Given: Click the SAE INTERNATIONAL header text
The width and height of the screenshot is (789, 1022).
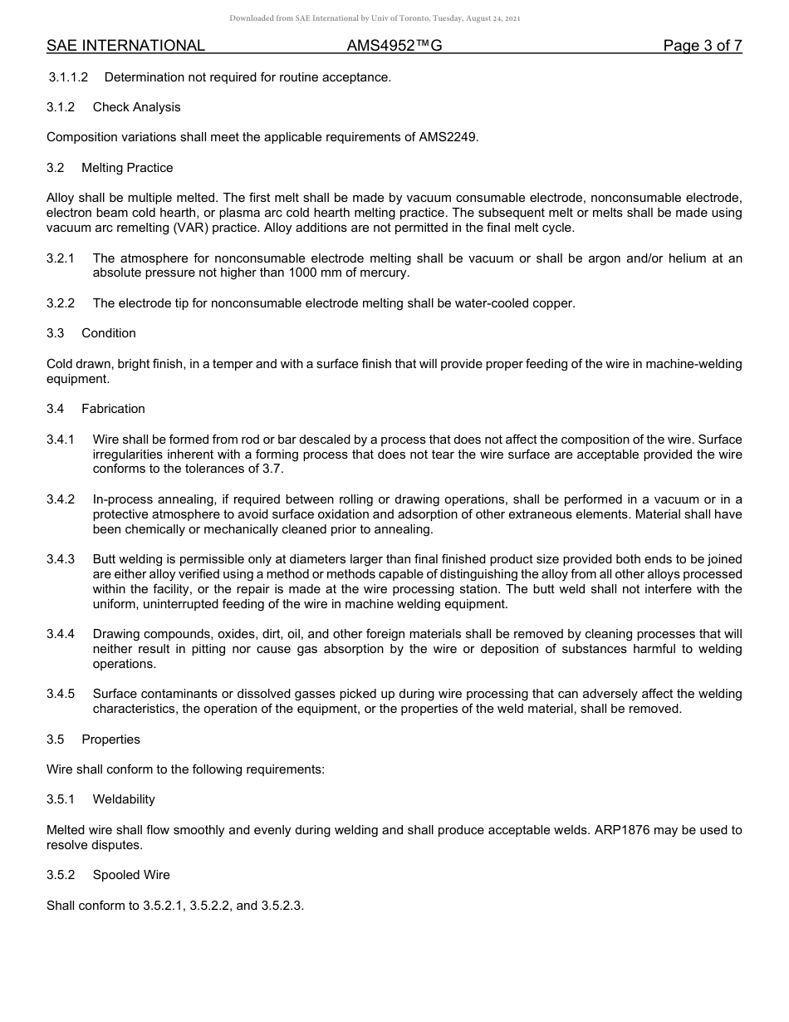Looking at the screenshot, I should pos(125,46).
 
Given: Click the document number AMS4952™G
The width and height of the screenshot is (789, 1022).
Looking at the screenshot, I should pos(394,46).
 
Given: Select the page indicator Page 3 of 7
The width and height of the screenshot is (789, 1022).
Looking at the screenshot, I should pos(702,46).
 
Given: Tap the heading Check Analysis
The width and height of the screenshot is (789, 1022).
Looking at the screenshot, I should pos(136,107).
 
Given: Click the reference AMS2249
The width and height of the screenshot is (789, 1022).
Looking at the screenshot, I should pos(448,137).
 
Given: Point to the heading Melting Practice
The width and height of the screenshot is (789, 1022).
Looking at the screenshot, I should pos(127,168).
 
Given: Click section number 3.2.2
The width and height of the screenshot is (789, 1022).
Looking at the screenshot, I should pos(61,303).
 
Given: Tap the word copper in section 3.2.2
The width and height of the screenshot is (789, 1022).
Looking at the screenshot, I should pos(553,303).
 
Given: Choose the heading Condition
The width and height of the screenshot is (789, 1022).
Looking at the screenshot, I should pos(109,333).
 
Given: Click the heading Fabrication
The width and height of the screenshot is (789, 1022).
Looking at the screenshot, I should pos(113,409).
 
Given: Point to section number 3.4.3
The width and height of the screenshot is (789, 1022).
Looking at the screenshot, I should pos(61,559).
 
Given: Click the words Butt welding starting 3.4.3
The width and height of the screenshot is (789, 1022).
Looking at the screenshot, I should pos(126,559).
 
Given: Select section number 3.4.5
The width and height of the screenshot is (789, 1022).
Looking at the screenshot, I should pos(61,694).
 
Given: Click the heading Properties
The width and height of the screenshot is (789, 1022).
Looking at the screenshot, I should pos(110,739).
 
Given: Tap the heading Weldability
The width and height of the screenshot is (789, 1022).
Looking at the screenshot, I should pos(124,799).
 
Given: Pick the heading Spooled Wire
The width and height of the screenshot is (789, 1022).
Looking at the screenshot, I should pos(131,875).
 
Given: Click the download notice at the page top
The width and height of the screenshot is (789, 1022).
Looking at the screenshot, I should pos(375,18).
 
